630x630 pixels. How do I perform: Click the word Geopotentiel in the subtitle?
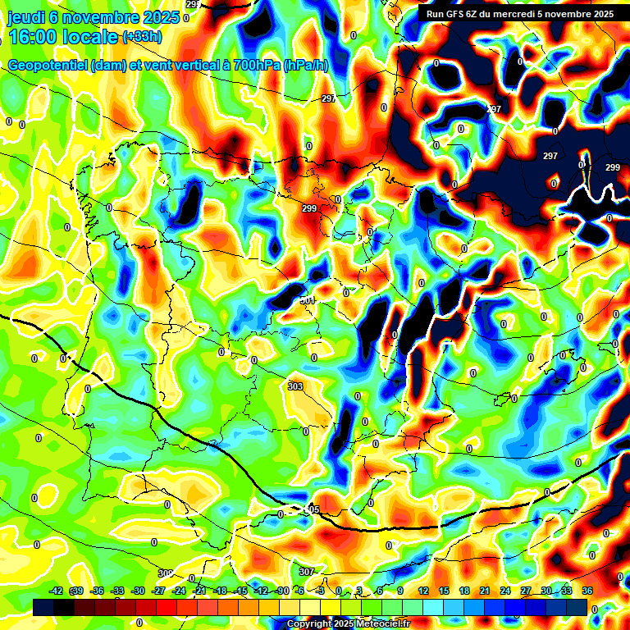pyautogui.click(x=48, y=66)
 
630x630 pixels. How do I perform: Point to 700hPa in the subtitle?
pyautogui.click(x=253, y=66)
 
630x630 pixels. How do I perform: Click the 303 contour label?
pyautogui.click(x=295, y=386)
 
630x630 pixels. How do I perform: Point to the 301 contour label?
pyautogui.click(x=308, y=300)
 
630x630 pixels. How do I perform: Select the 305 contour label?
pyautogui.click(x=311, y=510)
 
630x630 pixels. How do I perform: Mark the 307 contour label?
pyautogui.click(x=306, y=572)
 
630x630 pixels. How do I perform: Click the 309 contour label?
pyautogui.click(x=166, y=573)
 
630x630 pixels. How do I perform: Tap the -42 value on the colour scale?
pyautogui.click(x=56, y=591)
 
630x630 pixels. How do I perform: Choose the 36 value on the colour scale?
pyautogui.click(x=587, y=591)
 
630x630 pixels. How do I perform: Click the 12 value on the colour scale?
pyautogui.click(x=422, y=591)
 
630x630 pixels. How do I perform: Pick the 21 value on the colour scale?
pyautogui.click(x=484, y=591)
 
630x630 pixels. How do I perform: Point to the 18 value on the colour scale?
pyautogui.click(x=463, y=591)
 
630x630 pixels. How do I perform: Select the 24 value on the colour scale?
pyautogui.click(x=504, y=591)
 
